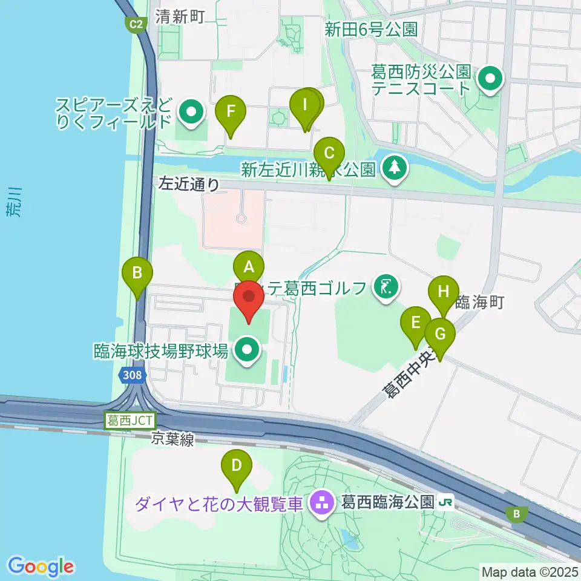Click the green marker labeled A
[249, 267]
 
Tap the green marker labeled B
[137, 273]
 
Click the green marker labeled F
[231, 112]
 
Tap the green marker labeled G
[440, 334]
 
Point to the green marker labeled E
[415, 323]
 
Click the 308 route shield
[133, 375]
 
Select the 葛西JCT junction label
[131, 420]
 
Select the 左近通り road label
[189, 184]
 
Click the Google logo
[41, 566]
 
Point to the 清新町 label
[180, 17]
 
